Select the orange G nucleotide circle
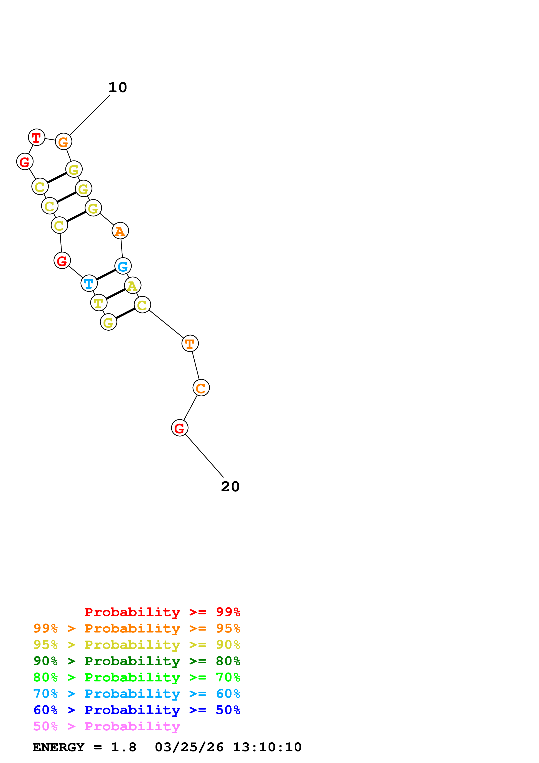click(x=63, y=142)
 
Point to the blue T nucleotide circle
click(x=89, y=283)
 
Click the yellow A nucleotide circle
click(x=132, y=285)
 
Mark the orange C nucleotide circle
click(x=201, y=388)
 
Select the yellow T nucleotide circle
click(x=99, y=303)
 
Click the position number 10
click(x=118, y=88)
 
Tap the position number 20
click(x=230, y=487)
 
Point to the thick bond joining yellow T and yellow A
click(x=116, y=294)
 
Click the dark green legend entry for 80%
click(x=137, y=661)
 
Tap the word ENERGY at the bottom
click(x=58, y=747)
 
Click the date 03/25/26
click(x=189, y=747)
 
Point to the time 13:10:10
click(x=267, y=747)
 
